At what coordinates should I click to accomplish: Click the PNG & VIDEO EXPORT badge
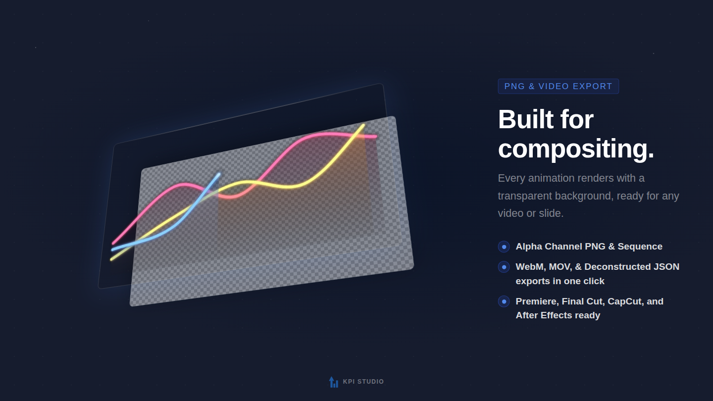coord(558,86)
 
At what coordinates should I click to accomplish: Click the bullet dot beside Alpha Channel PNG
coord(504,247)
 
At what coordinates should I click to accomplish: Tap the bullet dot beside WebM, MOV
coord(504,267)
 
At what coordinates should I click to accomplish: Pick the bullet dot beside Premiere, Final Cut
coord(504,301)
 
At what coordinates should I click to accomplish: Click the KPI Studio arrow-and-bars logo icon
coord(334,382)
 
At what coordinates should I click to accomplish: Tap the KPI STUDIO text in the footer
coord(363,382)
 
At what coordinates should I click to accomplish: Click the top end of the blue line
coord(219,174)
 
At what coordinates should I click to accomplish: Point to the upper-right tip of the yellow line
coord(363,125)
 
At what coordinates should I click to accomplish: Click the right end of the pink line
coord(375,137)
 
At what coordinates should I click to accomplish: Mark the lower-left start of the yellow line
coord(112,259)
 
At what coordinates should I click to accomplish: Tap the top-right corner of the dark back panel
coord(382,85)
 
